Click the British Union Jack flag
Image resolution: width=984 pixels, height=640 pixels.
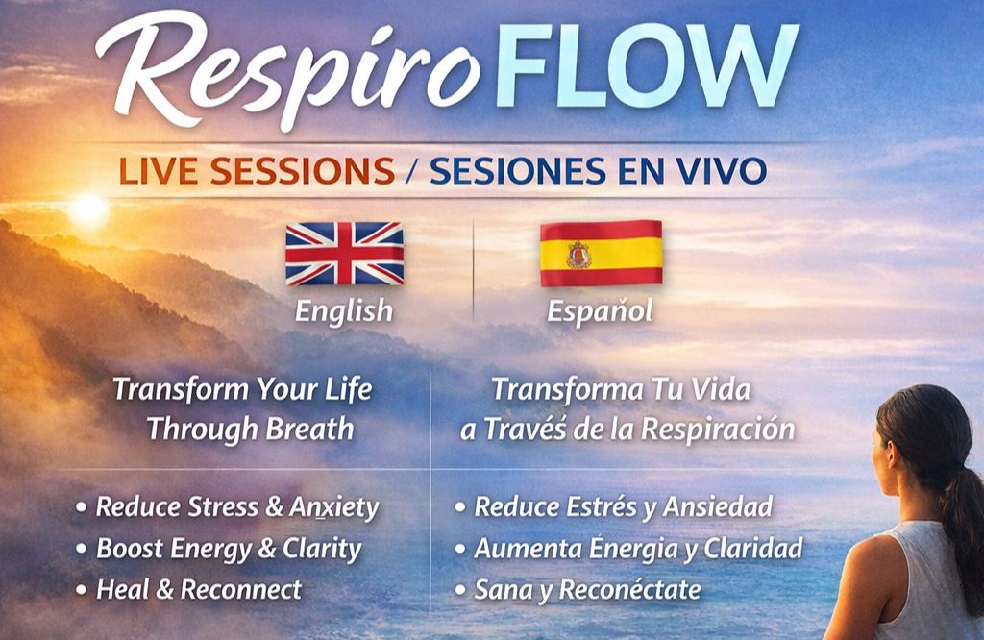coord(345,253)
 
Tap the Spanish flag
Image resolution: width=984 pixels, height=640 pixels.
coord(602,253)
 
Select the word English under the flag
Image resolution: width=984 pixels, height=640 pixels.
coord(344,311)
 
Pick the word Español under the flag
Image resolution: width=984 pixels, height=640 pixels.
coord(600,310)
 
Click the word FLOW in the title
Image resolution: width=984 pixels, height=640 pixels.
coord(647,66)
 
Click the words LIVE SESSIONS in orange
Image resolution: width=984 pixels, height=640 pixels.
coord(257,171)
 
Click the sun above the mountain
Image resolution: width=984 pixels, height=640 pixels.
coord(88,210)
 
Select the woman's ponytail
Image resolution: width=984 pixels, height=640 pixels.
coord(963,527)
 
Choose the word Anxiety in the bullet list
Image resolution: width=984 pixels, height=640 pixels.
coord(333,507)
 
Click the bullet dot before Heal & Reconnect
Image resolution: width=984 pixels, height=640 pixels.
coord(81,590)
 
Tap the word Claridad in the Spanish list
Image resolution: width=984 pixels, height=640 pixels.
coord(753,549)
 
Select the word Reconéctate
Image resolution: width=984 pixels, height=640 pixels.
coord(629,590)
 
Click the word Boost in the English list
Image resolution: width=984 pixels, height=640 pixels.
coord(130,549)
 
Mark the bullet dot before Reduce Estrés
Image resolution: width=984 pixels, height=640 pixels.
coord(460,507)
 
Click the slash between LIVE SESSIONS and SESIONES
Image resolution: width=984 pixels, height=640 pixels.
coord(411,171)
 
